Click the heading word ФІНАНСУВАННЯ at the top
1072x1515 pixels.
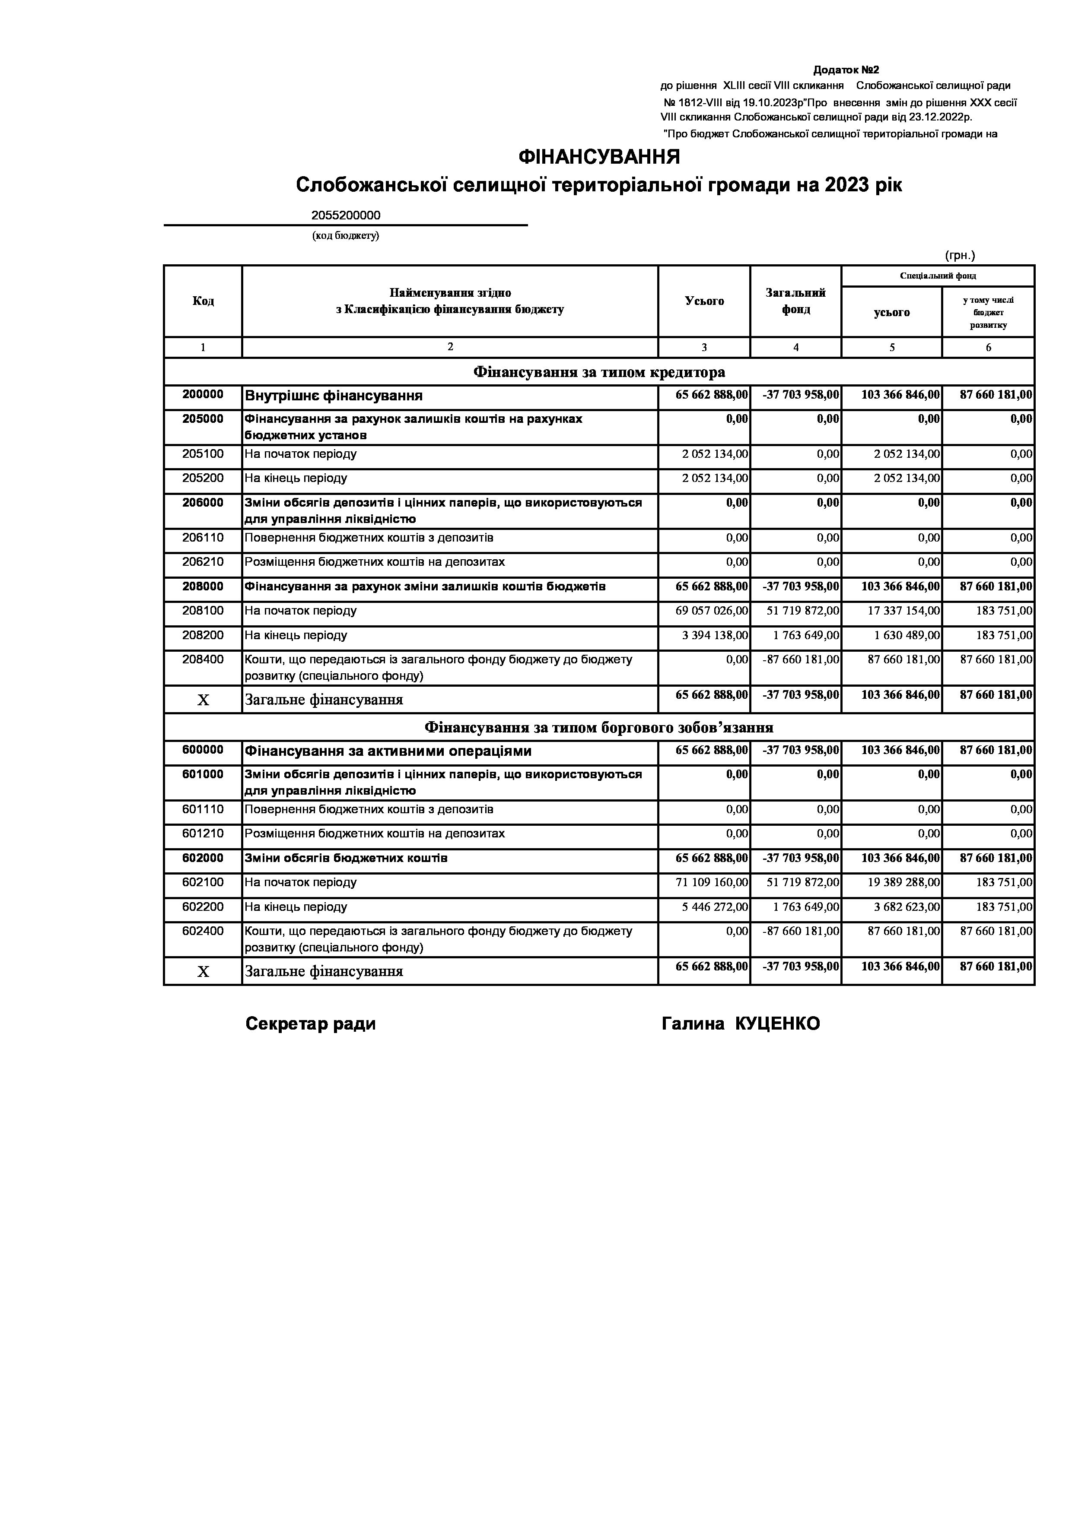[x=599, y=157]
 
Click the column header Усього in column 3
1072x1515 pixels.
[x=704, y=301]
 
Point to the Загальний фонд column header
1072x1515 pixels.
[x=795, y=301]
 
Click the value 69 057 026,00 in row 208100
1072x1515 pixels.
[x=712, y=611]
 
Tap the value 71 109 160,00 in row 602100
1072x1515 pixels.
[x=712, y=882]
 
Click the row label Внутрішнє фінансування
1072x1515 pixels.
[x=333, y=396]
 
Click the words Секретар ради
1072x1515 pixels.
[x=310, y=1024]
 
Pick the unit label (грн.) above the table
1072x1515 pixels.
[x=960, y=255]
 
